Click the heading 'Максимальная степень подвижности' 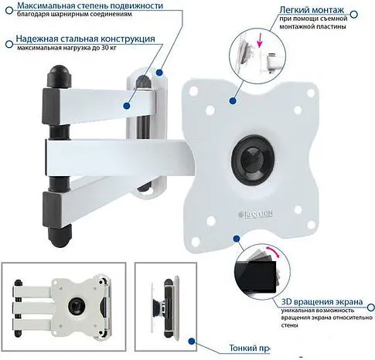(94, 6)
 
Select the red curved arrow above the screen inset (271, 249)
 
